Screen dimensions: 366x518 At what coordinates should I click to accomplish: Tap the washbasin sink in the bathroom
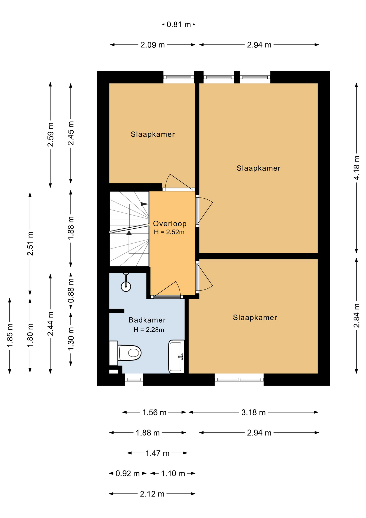pyautogui.click(x=177, y=356)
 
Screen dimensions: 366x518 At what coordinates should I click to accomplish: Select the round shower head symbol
pyautogui.click(x=126, y=286)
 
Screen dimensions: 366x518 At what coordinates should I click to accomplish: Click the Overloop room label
pyautogui.click(x=170, y=223)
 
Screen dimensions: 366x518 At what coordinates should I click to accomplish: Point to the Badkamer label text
pyautogui.click(x=147, y=320)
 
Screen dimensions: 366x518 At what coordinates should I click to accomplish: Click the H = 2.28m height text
pyautogui.click(x=149, y=329)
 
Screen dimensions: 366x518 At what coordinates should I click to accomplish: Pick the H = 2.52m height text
pyautogui.click(x=169, y=232)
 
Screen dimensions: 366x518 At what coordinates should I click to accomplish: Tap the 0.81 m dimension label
pyautogui.click(x=179, y=25)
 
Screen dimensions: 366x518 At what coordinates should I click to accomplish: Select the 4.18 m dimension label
pyautogui.click(x=356, y=168)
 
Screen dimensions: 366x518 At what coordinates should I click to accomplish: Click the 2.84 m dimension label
pyautogui.click(x=356, y=316)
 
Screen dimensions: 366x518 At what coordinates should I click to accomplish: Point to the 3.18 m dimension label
pyautogui.click(x=253, y=413)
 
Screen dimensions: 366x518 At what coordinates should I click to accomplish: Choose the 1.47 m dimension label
pyautogui.click(x=157, y=453)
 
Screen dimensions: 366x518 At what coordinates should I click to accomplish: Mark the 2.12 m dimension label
pyautogui.click(x=152, y=494)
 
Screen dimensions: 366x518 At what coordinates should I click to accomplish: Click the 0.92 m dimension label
pyautogui.click(x=127, y=473)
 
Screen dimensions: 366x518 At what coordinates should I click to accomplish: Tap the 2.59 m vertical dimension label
pyautogui.click(x=50, y=135)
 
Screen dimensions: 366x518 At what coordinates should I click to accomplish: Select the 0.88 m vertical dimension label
pyautogui.click(x=71, y=291)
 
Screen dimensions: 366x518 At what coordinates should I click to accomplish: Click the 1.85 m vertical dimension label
pyautogui.click(x=10, y=335)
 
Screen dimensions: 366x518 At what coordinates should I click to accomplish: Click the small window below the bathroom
pyautogui.click(x=134, y=380)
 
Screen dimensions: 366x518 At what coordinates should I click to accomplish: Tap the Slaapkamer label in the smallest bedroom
pyautogui.click(x=153, y=134)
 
